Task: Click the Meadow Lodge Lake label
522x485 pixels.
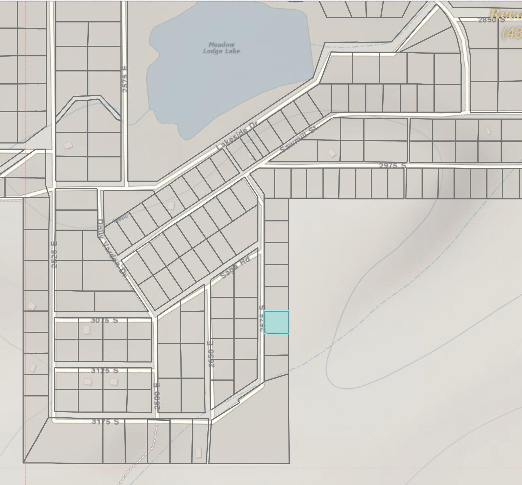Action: tap(221, 48)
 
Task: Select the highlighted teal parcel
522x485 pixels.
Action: tap(276, 322)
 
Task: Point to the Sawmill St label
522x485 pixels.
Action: tap(298, 140)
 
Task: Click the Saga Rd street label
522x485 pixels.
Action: tap(235, 268)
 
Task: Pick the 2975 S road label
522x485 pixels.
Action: tap(392, 166)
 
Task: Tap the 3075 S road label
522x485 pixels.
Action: tap(104, 320)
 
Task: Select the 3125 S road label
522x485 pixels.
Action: tap(105, 370)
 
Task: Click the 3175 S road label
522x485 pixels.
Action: tap(105, 422)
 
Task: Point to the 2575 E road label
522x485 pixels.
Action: tap(125, 79)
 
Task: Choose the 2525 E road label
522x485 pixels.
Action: tap(54, 255)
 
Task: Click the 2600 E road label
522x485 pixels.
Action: tap(157, 396)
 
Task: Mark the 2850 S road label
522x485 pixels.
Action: tap(491, 20)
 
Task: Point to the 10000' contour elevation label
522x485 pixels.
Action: tap(121, 218)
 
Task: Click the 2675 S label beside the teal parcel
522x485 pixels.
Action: tap(262, 319)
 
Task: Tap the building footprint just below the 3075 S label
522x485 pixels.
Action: tap(86, 330)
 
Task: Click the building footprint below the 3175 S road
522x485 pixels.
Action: tap(198, 453)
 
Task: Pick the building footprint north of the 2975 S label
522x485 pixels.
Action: tap(332, 153)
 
